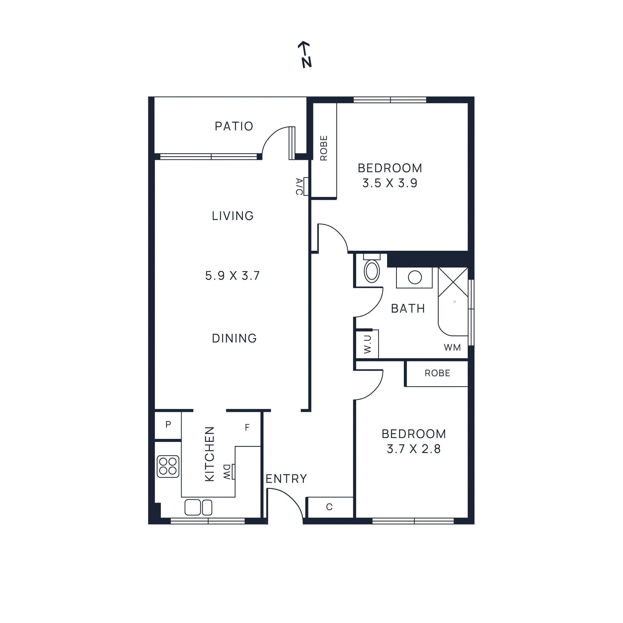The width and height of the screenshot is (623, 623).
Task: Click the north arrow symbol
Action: click(x=305, y=55)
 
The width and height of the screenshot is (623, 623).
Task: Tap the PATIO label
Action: click(x=234, y=126)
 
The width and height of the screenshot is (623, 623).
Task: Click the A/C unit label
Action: click(x=299, y=187)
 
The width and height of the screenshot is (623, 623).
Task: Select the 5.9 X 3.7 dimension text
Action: click(x=232, y=276)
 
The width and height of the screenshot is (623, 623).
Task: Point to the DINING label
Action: click(x=234, y=338)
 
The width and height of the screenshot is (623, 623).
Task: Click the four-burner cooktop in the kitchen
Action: click(x=168, y=466)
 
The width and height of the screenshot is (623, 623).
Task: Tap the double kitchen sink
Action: click(x=198, y=507)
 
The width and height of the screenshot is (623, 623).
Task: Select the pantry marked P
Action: click(x=168, y=424)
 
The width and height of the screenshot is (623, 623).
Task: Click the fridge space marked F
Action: click(x=247, y=428)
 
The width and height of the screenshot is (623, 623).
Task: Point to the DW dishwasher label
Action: click(x=227, y=472)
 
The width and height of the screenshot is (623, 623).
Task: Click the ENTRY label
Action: click(x=286, y=479)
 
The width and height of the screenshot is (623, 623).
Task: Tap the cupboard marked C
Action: click(x=329, y=507)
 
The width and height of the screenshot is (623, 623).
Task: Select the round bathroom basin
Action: click(x=415, y=277)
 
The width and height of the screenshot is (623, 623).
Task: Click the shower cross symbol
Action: click(x=453, y=282)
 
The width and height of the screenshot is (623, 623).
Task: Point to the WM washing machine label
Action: click(x=452, y=347)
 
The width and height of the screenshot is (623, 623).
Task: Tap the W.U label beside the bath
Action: click(x=367, y=344)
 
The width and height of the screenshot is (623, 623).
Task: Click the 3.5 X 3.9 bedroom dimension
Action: click(x=390, y=183)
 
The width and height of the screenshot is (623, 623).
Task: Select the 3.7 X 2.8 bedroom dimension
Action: click(x=414, y=449)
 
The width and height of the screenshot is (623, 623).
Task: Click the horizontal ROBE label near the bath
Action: click(x=437, y=373)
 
